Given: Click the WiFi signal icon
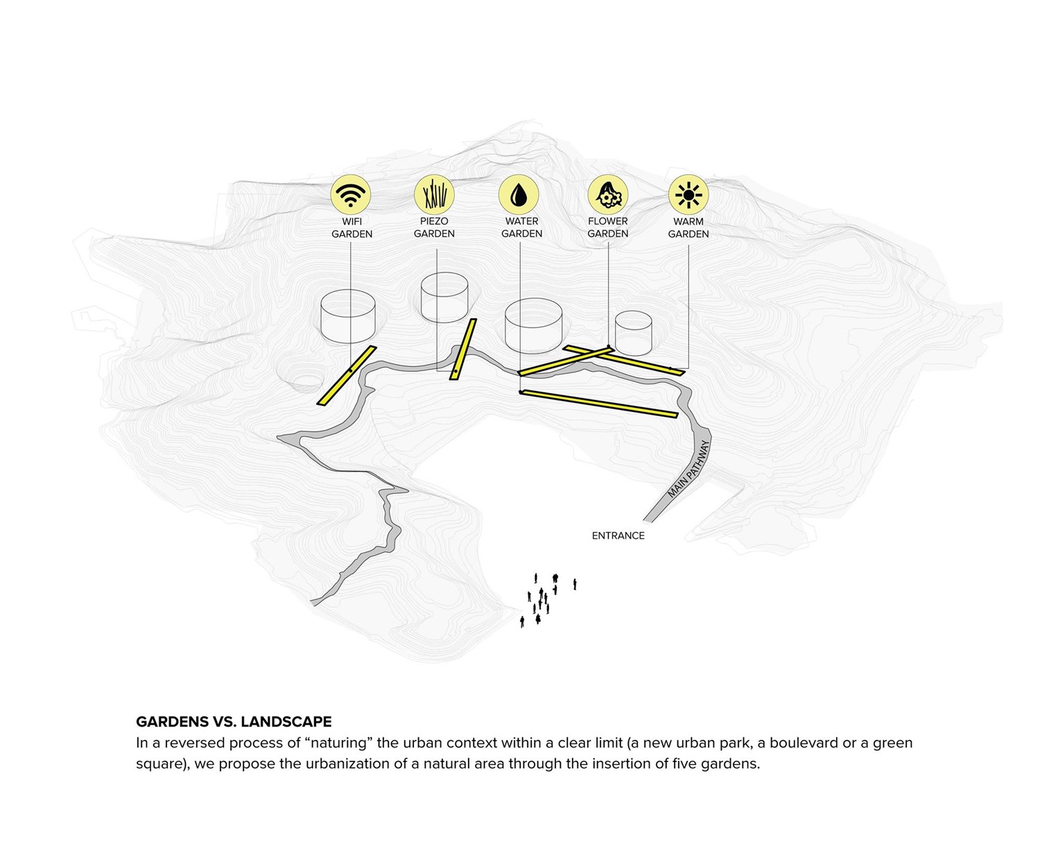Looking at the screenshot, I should tap(351, 194).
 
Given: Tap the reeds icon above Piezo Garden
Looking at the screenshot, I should tap(434, 194).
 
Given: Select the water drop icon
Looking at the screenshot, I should tap(519, 194).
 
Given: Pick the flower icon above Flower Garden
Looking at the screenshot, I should tap(608, 194).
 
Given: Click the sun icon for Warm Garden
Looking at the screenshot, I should tap(688, 194).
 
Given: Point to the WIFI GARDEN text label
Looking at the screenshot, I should tap(352, 228).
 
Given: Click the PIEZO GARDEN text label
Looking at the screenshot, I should tap(434, 228).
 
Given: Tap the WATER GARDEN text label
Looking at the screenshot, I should tap(521, 228).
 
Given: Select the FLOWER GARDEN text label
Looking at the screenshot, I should tap(608, 228).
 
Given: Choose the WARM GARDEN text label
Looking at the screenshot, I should tap(688, 228).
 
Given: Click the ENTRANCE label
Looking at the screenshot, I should tap(618, 535).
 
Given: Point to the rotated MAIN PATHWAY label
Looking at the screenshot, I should tap(689, 469).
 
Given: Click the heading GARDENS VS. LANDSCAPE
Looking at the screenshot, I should tap(234, 721).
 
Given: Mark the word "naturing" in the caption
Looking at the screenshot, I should tap(339, 743).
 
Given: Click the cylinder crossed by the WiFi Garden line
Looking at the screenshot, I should tap(348, 316).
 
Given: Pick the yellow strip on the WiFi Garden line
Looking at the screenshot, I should tap(346, 375).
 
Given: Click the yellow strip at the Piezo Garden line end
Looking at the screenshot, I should tap(463, 349).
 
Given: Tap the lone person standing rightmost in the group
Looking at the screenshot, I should tap(575, 585).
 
